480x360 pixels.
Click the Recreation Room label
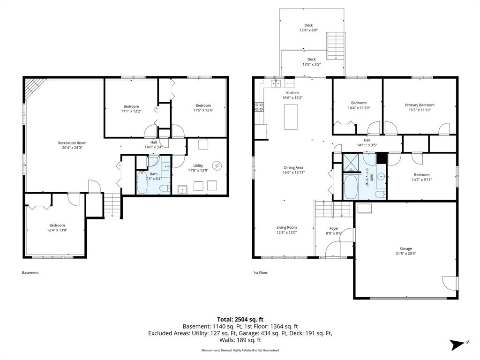coord(72,143)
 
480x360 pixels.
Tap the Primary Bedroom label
coord(420,105)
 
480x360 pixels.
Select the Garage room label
coord(406,248)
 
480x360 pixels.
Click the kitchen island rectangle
coord(291,117)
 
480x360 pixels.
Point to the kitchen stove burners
coord(259,106)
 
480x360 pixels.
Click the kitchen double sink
coord(276,83)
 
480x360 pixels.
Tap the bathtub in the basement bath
coord(142,182)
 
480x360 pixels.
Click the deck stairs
coord(336,46)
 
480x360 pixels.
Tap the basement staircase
coord(112,206)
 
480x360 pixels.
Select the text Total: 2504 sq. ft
coord(240,320)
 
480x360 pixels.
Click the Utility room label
coord(198,165)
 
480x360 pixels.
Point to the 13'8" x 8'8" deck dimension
coord(308,30)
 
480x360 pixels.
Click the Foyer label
coord(334,228)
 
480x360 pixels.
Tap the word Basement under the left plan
coord(30,272)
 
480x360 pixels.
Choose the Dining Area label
coord(293,167)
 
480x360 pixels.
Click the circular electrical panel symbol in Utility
coord(217,165)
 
